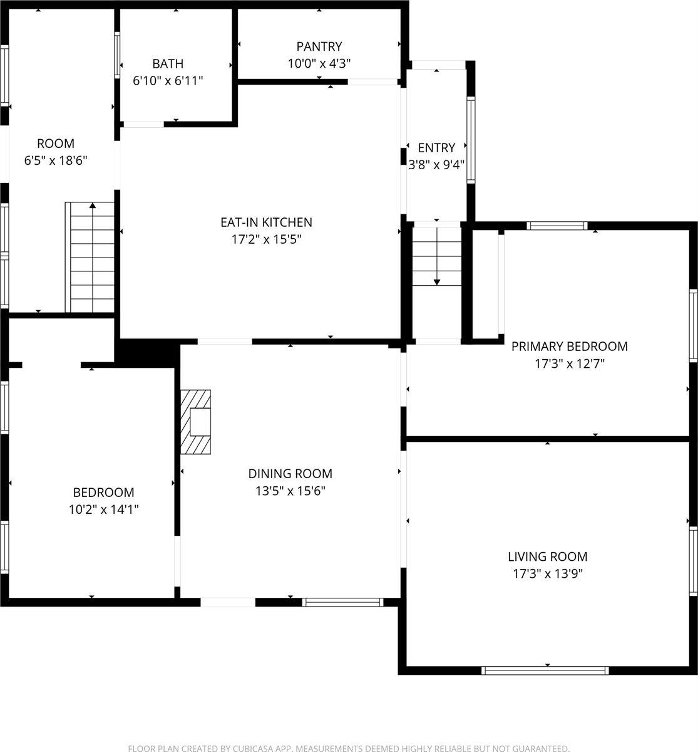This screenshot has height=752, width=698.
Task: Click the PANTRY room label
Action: point(319,46)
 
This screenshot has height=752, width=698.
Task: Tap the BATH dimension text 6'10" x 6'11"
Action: point(168,80)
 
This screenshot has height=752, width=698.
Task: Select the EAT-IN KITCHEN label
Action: point(266,222)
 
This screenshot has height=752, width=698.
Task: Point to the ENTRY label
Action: point(436,148)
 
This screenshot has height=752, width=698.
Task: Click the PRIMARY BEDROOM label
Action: point(569,346)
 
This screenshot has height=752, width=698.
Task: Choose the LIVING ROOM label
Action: point(547,556)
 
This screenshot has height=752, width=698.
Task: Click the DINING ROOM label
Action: point(290,474)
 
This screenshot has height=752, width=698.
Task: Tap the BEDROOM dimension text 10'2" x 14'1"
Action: point(103,509)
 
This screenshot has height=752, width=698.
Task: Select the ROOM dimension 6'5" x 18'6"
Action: point(56,160)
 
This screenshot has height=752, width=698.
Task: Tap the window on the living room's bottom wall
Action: point(545,670)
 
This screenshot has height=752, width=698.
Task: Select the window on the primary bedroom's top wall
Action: point(557,226)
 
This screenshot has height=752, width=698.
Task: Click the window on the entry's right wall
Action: point(471,139)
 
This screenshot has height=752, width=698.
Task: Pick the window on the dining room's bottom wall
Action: point(342,602)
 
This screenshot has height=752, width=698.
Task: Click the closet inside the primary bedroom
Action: point(487,284)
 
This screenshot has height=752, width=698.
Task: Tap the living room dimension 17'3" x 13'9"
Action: point(547,573)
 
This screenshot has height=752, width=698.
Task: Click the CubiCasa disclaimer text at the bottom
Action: point(349,748)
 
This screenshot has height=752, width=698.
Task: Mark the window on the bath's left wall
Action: point(117,55)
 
